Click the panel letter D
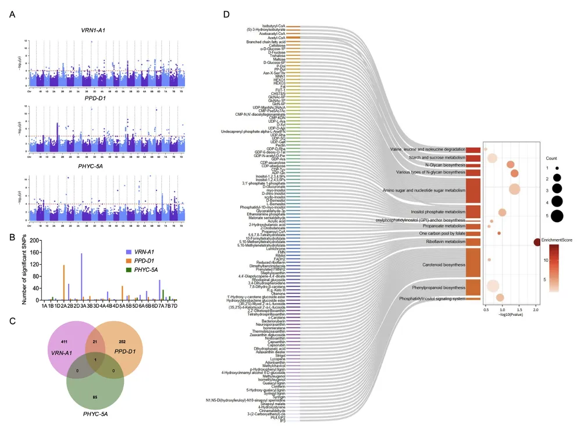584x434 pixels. pos(227,13)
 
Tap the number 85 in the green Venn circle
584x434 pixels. pos(95,397)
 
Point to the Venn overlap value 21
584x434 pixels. pos(95,342)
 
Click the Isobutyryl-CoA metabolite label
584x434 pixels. pos(273,26)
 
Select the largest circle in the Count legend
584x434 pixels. pos(557,216)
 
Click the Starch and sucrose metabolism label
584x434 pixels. pos(437,157)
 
